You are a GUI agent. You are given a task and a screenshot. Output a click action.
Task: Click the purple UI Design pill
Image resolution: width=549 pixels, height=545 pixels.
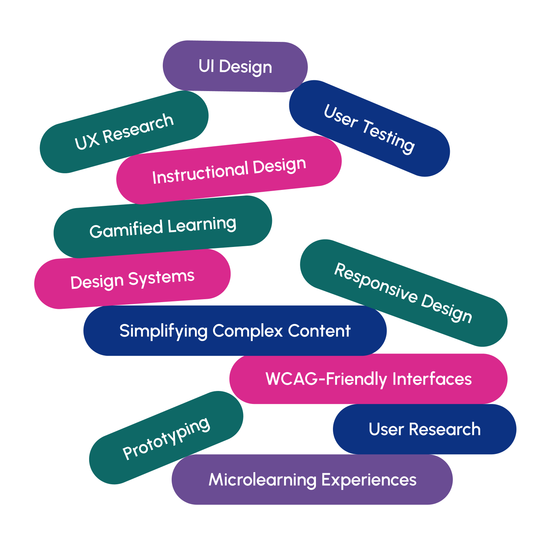(235, 66)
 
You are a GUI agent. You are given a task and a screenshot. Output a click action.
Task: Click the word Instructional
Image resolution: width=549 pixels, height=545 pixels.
(200, 172)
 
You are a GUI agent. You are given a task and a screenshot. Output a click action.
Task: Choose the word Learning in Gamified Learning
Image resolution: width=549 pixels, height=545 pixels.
(202, 225)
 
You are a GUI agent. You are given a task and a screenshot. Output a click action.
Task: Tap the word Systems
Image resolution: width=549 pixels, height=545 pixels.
(161, 278)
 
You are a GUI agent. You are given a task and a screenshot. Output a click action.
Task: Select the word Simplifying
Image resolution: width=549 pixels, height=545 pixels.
(163, 331)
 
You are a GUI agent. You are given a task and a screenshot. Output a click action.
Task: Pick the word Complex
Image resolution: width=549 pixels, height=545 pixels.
(247, 331)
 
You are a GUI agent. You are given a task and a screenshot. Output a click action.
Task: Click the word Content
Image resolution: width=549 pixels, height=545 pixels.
(319, 331)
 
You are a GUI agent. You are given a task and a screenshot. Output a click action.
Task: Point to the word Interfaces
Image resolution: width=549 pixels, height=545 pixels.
(432, 379)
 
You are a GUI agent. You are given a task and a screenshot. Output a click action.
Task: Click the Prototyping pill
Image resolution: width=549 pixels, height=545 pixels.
(166, 438)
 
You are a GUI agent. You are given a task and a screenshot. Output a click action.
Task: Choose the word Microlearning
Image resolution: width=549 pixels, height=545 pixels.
(263, 480)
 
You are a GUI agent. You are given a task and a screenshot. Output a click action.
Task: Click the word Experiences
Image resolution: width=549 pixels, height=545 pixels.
(369, 480)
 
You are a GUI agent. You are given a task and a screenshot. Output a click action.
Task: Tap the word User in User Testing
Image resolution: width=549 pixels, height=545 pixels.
(341, 116)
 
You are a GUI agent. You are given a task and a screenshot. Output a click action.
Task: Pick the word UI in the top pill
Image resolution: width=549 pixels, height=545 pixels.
(206, 66)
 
